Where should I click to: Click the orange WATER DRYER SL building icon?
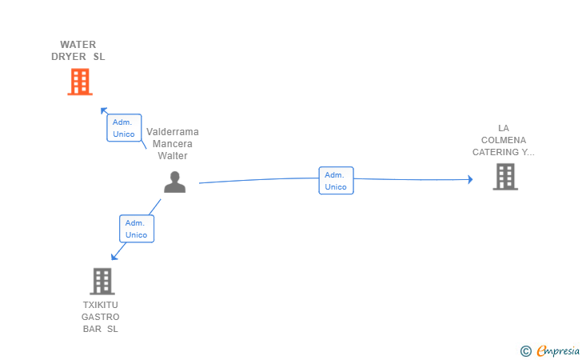(79, 82)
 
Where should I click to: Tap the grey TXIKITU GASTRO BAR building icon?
(102, 281)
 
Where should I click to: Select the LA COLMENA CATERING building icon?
(504, 176)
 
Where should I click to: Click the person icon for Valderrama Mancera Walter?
(174, 182)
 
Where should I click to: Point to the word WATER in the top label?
(78, 45)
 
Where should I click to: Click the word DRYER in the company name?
(68, 57)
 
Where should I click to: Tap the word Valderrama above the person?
(173, 132)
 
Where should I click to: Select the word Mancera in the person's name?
(173, 144)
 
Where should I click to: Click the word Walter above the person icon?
(173, 156)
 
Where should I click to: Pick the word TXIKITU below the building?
(101, 305)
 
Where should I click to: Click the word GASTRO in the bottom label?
(101, 317)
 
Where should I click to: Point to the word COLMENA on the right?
(504, 140)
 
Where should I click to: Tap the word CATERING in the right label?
(496, 152)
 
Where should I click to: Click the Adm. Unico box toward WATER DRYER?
(124, 128)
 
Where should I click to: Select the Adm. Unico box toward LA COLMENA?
(336, 181)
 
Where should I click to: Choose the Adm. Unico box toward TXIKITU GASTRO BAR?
(137, 229)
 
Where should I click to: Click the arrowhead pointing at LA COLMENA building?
(470, 179)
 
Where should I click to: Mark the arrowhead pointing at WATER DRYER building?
(102, 110)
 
